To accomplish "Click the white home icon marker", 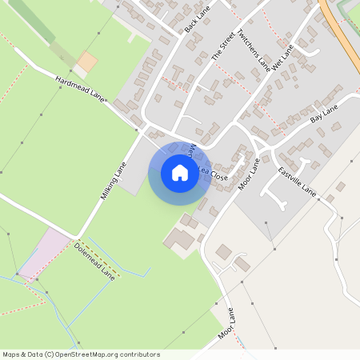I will point(180,173).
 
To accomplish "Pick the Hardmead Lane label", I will point(81,88).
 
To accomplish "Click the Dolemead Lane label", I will point(95,258).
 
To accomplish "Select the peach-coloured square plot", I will point(87,61).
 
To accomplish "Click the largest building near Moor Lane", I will point(183,238).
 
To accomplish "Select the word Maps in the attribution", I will point(11,354).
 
